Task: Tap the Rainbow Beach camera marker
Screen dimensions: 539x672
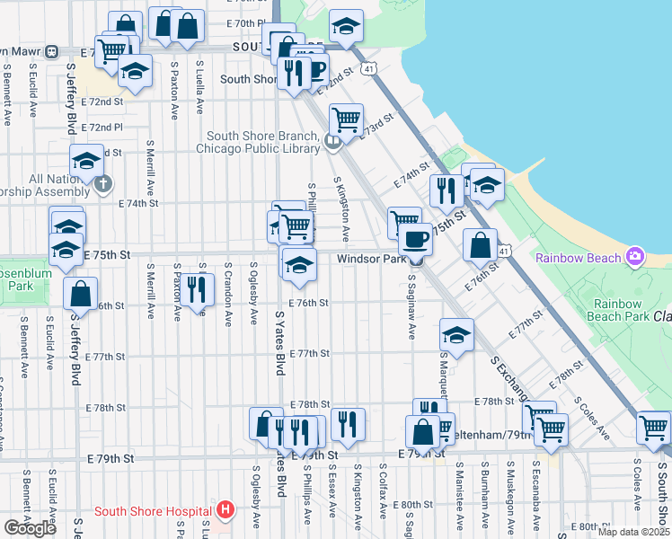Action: pos(635,257)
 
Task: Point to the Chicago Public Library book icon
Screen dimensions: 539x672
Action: pos(332,139)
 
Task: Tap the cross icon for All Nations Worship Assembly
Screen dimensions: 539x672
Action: pos(103,185)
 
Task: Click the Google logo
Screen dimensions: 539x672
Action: pos(30,527)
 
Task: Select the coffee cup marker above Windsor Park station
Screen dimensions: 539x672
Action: pos(415,239)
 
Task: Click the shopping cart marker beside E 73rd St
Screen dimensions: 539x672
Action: pos(346,118)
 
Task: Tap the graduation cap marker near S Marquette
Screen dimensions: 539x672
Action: pos(456,335)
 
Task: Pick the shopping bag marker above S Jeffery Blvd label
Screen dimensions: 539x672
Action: pos(81,292)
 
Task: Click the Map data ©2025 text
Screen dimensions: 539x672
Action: pos(633,532)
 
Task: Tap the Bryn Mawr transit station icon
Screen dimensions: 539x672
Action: pos(52,51)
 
